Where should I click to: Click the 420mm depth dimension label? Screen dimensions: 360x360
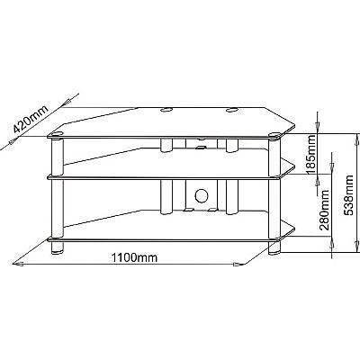coord(31,120)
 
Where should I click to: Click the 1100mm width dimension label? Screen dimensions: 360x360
coord(134,257)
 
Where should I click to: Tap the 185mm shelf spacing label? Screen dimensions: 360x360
coord(311,155)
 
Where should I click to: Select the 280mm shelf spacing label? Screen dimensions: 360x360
coord(324,210)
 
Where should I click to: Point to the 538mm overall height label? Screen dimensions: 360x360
coord(349,195)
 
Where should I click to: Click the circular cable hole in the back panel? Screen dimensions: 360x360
coord(202,195)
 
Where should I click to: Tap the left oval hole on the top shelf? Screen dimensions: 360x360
coord(166,110)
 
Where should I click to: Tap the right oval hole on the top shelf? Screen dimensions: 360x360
coord(232,110)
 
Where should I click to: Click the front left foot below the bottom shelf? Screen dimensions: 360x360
coord(58,247)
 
